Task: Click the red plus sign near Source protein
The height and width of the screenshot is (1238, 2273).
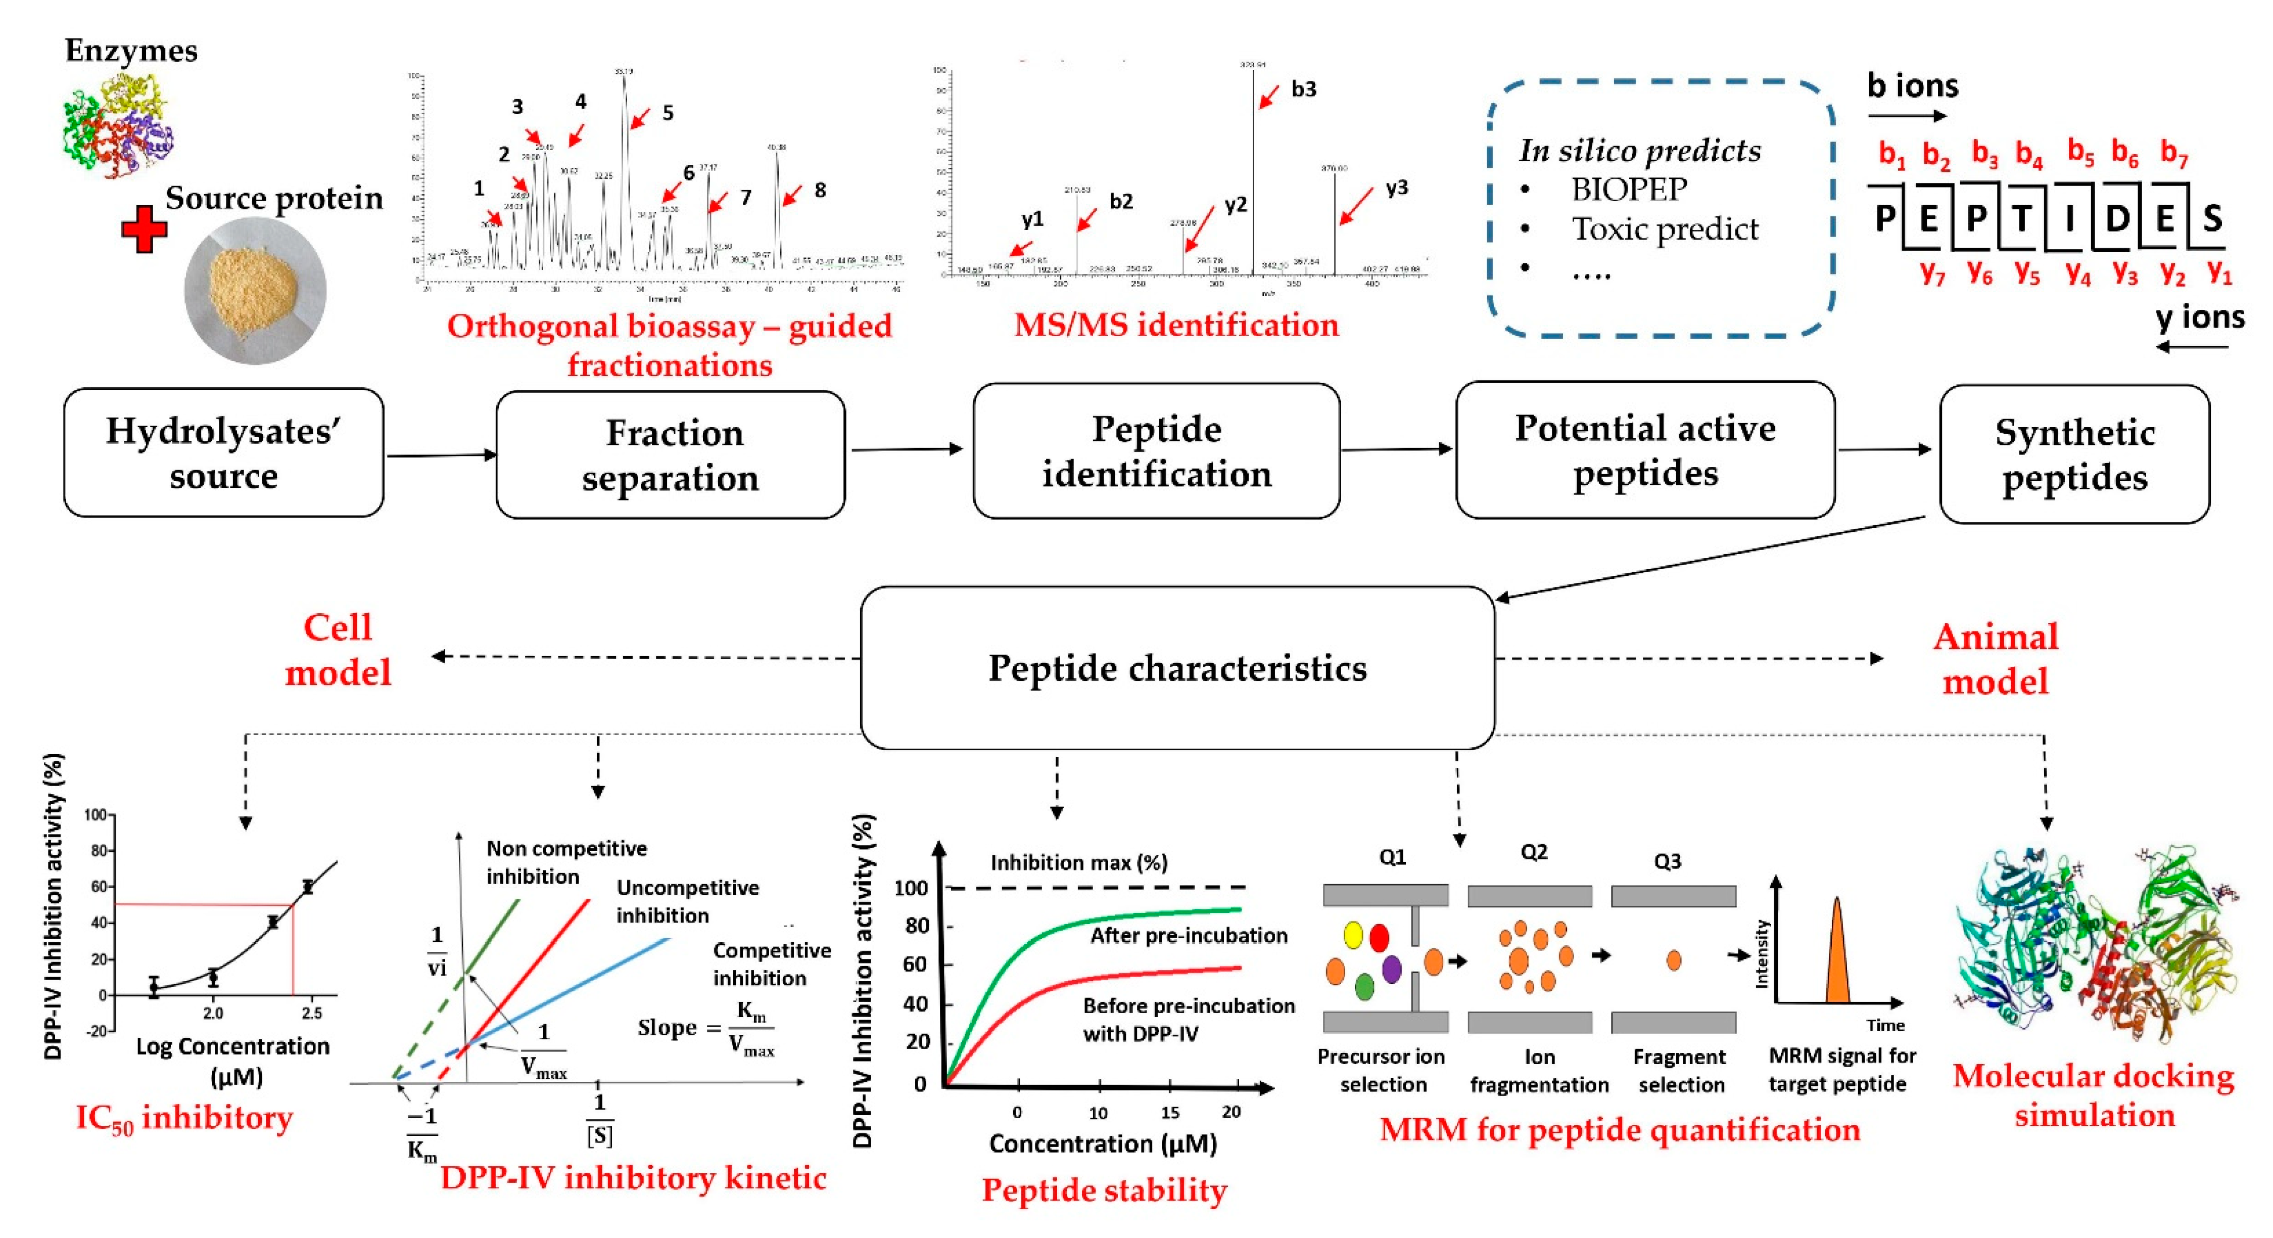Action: coord(144,230)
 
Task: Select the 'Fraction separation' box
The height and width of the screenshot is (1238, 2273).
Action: coord(671,454)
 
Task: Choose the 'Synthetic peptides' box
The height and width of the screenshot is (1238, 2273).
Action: coord(2073,454)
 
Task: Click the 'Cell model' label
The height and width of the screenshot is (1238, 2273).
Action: coord(338,650)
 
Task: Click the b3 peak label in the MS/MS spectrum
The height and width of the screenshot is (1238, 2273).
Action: coord(1303,89)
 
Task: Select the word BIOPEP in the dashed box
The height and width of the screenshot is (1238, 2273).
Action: coord(1629,189)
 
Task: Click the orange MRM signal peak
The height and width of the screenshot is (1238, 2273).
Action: coord(1837,957)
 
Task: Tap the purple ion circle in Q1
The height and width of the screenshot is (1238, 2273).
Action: coord(1392,969)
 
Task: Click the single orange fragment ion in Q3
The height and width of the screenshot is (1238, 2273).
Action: coord(1673,960)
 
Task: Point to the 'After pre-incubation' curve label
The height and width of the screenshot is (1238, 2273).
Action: coord(1189,935)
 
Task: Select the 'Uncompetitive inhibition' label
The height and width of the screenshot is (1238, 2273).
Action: coord(687,901)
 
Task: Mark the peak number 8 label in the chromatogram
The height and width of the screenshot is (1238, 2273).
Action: coord(820,190)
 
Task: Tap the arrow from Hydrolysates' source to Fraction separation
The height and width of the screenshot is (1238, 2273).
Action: coord(441,455)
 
